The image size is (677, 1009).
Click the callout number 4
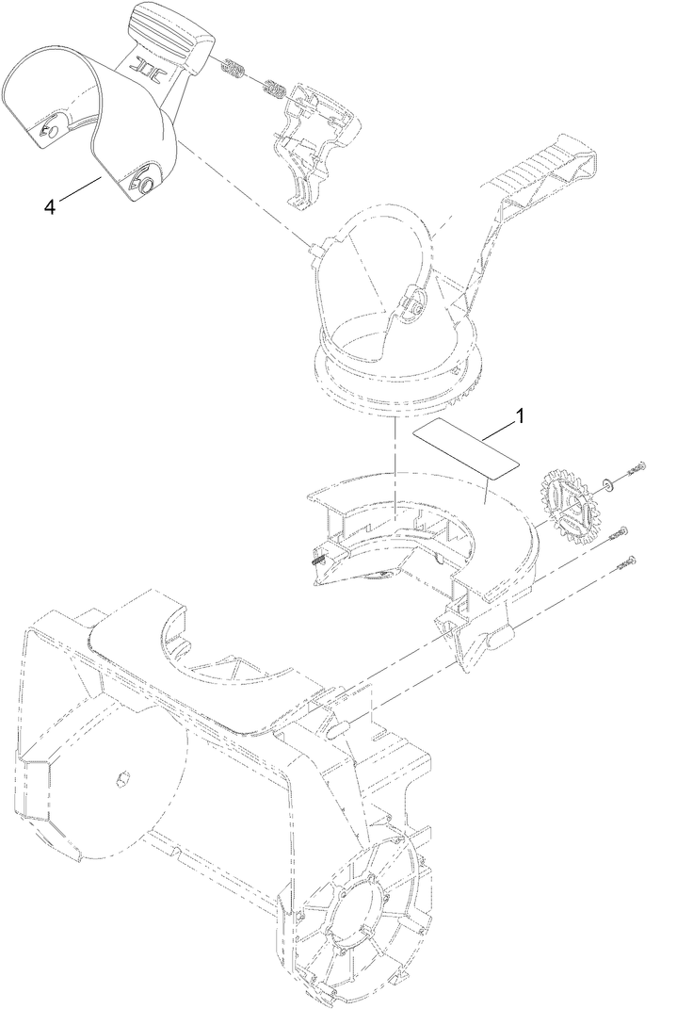pyautogui.click(x=50, y=204)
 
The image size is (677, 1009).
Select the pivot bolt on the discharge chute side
pyautogui.click(x=415, y=303)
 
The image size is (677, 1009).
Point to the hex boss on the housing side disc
pyautogui.click(x=121, y=778)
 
